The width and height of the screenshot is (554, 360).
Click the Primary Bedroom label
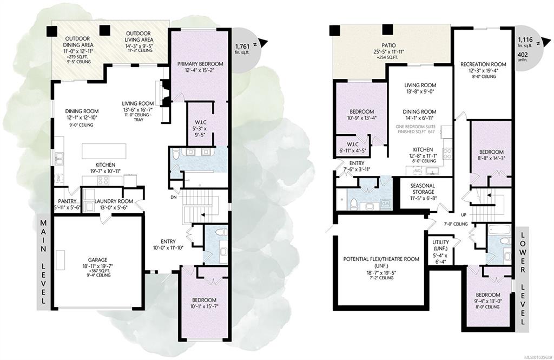click(x=200, y=64)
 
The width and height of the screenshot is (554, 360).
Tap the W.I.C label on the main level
click(x=200, y=122)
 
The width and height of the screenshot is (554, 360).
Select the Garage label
click(x=97, y=260)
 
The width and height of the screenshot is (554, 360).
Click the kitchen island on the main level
click(x=104, y=151)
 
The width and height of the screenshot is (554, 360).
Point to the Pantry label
click(x=67, y=201)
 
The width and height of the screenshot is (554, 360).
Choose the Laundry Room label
click(x=114, y=201)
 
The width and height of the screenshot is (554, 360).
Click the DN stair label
click(x=173, y=197)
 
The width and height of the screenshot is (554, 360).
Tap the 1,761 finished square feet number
click(x=242, y=47)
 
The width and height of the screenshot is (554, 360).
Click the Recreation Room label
click(x=483, y=64)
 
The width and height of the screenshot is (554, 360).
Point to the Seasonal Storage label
click(x=423, y=188)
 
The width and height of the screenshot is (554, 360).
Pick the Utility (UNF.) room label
click(x=440, y=245)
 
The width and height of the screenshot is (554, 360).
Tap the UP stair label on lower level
click(x=464, y=215)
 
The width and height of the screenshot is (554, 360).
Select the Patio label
click(x=388, y=45)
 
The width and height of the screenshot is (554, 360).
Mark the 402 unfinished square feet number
click(x=523, y=55)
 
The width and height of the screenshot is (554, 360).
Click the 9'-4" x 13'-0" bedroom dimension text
click(x=488, y=302)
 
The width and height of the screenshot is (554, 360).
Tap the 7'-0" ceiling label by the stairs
click(x=456, y=224)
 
